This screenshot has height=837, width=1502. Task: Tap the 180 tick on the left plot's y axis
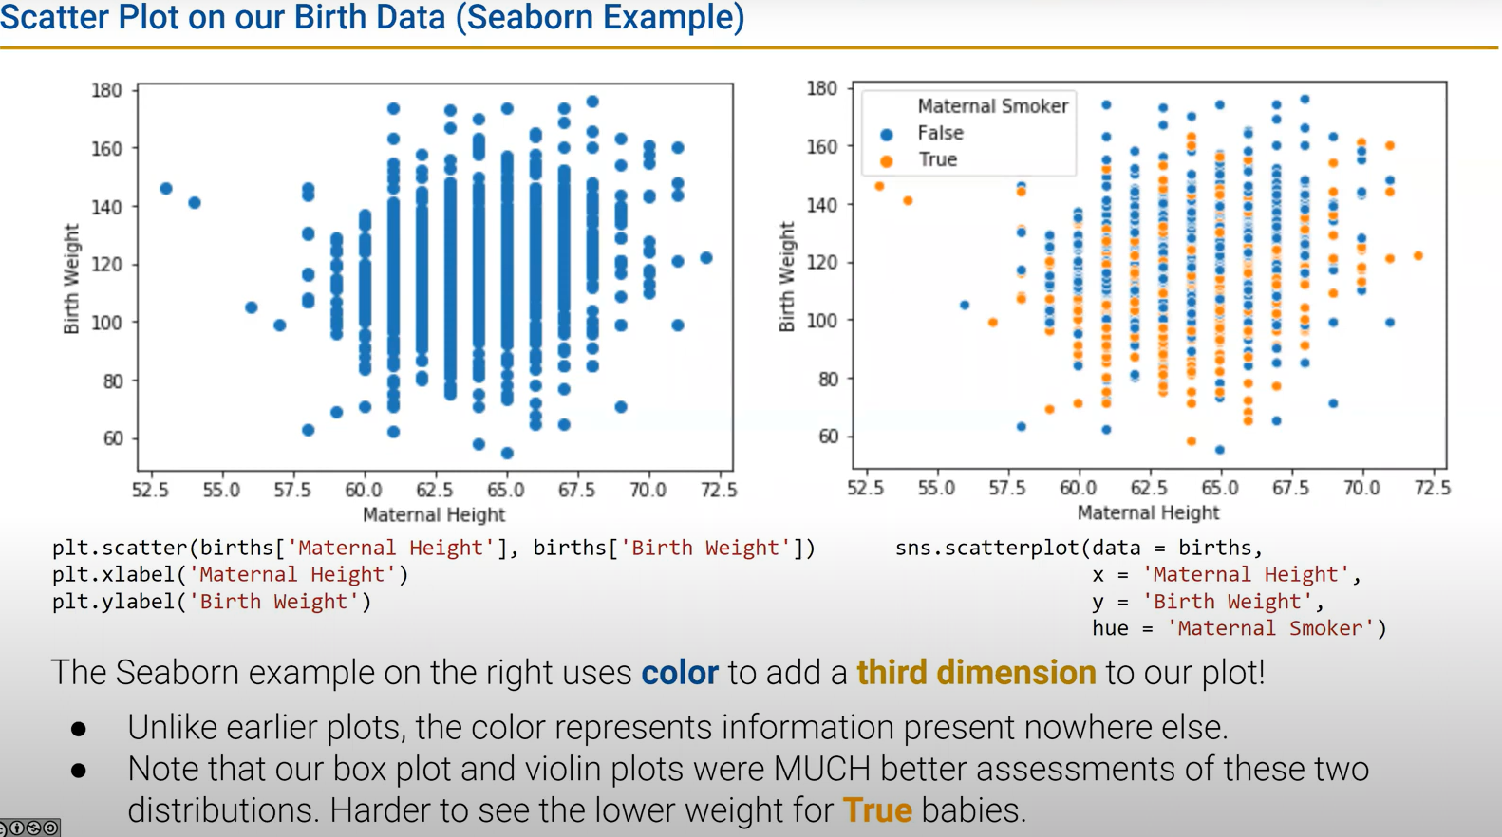coord(106,90)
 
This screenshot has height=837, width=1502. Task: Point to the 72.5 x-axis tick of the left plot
coord(719,490)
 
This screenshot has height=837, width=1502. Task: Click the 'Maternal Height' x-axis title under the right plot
coord(1147,512)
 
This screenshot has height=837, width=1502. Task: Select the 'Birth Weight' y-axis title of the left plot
coord(71,278)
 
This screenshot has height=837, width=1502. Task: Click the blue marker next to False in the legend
coord(886,134)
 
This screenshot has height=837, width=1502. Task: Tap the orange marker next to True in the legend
coord(886,160)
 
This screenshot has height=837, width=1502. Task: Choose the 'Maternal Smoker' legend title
coord(992,106)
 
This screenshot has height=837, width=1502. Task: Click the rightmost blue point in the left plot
coord(706,258)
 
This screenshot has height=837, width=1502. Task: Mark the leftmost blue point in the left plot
coord(166,189)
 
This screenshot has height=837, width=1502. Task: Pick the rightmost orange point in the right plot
coord(1418,256)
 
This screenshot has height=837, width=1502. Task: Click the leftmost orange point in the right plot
coord(879,187)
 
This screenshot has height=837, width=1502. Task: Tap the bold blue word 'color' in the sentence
coord(680,673)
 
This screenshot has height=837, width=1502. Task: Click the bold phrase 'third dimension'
coord(976,673)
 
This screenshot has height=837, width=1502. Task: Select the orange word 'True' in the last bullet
coord(876,810)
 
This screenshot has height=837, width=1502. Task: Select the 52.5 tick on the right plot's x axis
coord(865,488)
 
